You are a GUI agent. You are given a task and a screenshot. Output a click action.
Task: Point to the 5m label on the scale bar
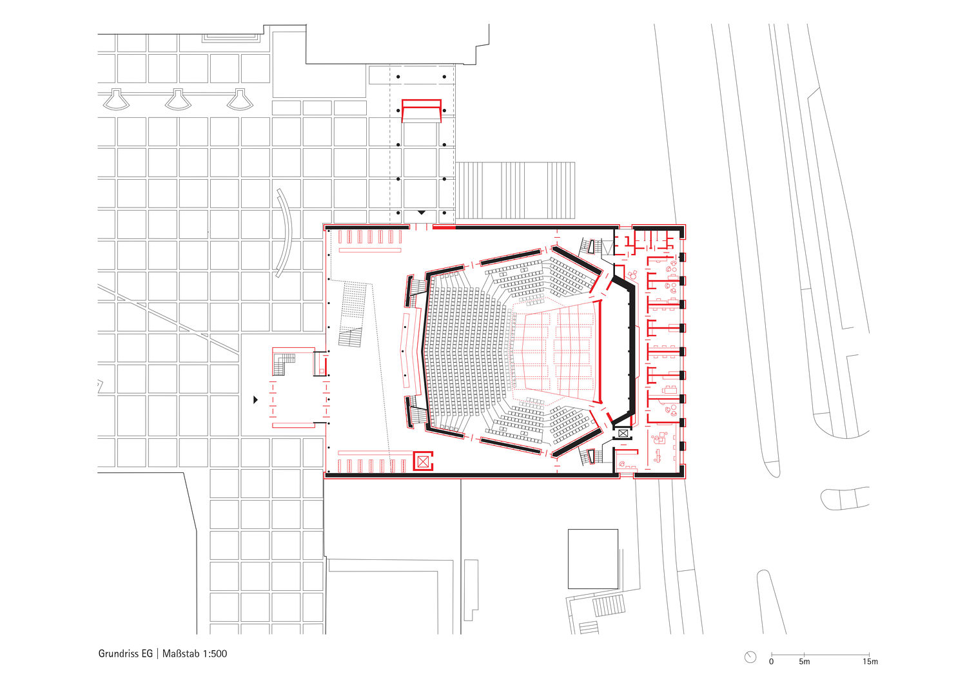(805, 662)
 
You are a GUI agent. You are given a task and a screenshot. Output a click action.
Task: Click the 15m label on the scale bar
(870, 662)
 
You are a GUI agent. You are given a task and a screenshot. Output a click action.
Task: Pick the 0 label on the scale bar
(772, 662)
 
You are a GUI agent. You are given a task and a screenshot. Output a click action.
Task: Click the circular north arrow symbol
(751, 657)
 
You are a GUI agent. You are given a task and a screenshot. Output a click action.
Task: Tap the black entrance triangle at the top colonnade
(422, 212)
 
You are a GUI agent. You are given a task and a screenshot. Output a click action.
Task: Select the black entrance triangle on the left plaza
(255, 400)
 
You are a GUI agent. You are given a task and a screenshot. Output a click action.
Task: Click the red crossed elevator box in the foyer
(423, 461)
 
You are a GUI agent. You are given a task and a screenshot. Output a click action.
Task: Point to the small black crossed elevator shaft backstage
(623, 433)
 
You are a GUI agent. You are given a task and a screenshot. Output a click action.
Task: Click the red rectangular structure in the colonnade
(422, 111)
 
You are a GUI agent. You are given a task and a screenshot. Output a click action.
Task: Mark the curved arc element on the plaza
(284, 233)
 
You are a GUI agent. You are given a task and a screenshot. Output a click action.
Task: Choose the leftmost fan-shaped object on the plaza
(116, 99)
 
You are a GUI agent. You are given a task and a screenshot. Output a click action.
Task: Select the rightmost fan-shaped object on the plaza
(240, 99)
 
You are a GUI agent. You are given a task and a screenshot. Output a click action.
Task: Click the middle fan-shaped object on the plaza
(179, 99)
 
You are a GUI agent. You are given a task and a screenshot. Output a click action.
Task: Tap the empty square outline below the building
(592, 559)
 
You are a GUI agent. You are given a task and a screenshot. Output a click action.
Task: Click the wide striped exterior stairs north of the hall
(516, 190)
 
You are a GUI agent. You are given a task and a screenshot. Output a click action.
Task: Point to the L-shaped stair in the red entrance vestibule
(284, 363)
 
